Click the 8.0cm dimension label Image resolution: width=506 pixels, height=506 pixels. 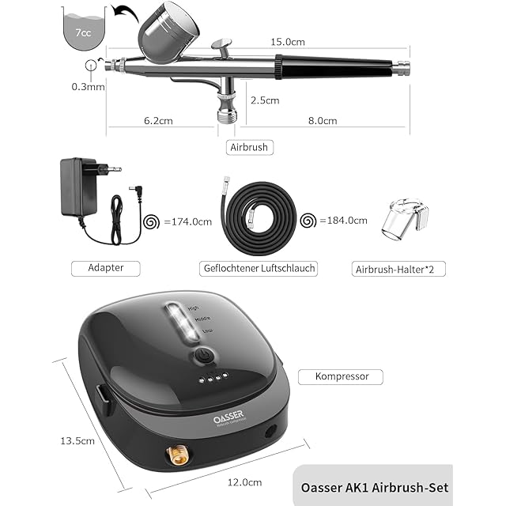click(322, 121)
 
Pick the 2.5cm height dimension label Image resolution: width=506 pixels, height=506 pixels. click(264, 100)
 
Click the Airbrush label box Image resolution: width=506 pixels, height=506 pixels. click(248, 146)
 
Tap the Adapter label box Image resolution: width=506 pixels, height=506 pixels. click(107, 268)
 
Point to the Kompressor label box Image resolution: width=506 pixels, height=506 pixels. click(342, 377)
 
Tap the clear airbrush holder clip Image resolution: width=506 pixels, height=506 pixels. click(406, 224)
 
